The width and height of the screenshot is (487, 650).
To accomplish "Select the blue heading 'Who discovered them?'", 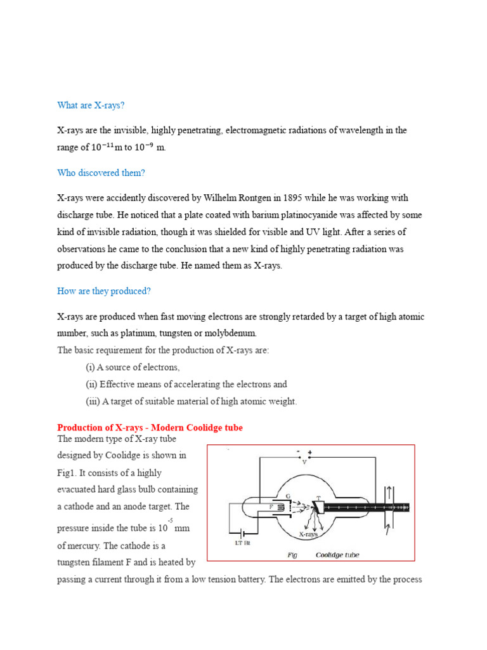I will [101, 173].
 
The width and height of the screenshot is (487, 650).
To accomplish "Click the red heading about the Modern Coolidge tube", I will [150, 428].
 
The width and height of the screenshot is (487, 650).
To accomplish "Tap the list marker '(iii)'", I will [93, 401].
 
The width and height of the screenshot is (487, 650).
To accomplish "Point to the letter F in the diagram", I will [271, 507].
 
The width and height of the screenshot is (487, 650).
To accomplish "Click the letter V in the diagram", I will [304, 462].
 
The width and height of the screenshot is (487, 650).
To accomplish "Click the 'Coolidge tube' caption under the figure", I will [337, 555].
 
